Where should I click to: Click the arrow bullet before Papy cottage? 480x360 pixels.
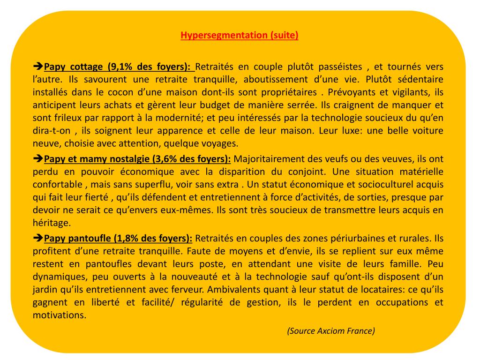38,67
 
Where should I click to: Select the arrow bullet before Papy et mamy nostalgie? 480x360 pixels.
38,159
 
